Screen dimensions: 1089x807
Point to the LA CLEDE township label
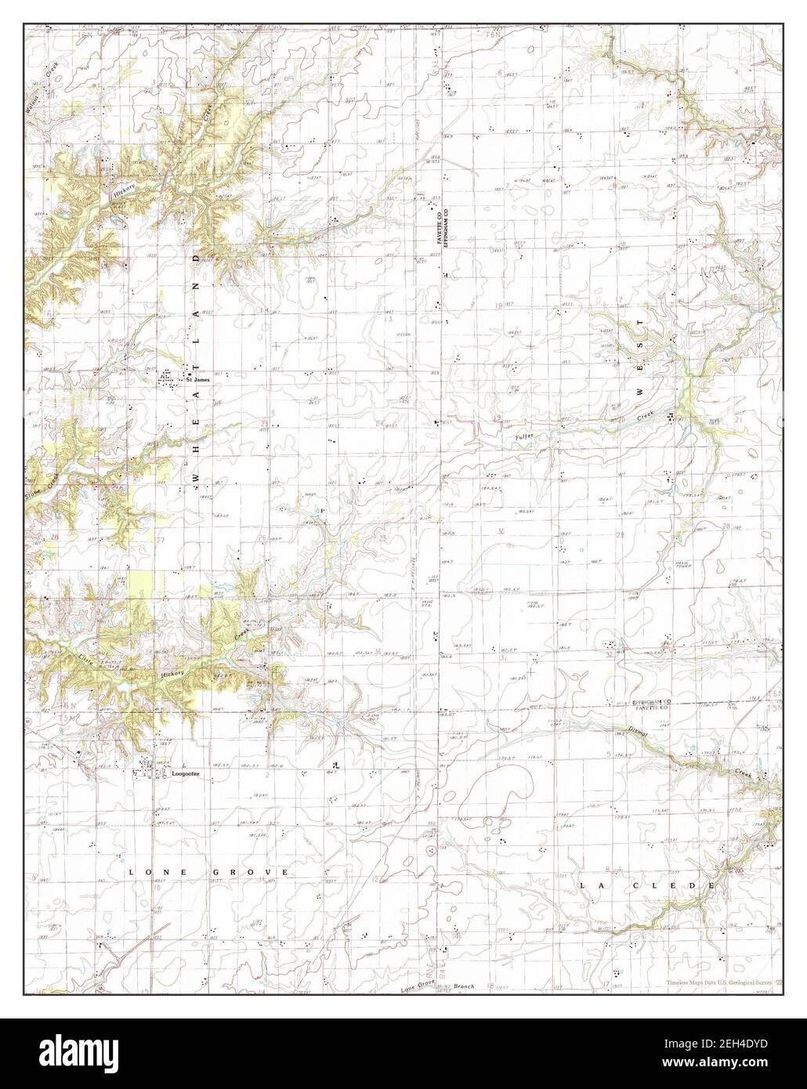tap(647, 885)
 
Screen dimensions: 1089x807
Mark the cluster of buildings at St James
tap(168, 380)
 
